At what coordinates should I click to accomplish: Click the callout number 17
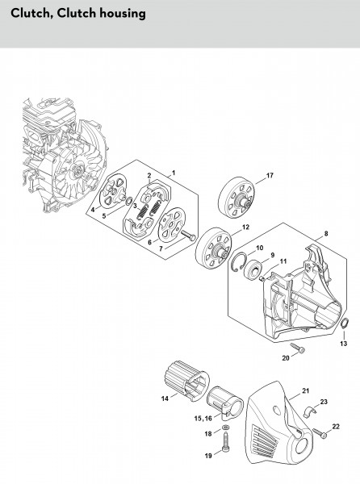(270, 175)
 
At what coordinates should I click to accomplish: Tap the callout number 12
(245, 227)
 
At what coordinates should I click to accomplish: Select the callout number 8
(326, 234)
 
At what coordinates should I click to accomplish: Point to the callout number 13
(343, 344)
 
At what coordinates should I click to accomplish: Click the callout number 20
(286, 358)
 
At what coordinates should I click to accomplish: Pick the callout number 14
(165, 398)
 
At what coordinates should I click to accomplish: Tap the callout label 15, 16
(203, 419)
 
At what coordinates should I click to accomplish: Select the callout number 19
(208, 456)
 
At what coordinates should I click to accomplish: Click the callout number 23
(324, 402)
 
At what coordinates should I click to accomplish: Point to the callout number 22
(336, 427)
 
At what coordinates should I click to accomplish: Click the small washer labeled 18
(226, 428)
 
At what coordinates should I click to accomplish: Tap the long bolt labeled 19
(225, 443)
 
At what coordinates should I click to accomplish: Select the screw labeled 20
(297, 348)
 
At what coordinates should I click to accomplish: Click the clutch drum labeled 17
(237, 198)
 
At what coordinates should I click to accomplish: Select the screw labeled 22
(320, 433)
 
